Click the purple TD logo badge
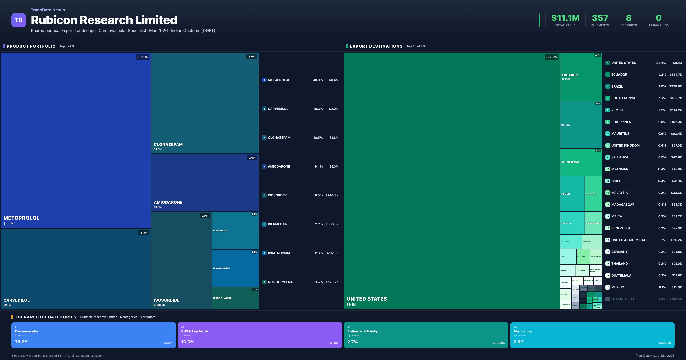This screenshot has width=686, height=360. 18,20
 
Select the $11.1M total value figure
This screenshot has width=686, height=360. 565,18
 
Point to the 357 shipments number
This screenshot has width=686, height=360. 600,18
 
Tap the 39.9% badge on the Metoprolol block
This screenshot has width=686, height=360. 142,57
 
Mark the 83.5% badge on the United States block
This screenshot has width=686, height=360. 551,57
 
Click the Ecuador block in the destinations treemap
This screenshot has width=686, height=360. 581,77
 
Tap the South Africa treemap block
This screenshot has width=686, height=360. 581,162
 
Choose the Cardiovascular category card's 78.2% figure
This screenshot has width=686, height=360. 22,342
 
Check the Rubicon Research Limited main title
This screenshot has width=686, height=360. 104,20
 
